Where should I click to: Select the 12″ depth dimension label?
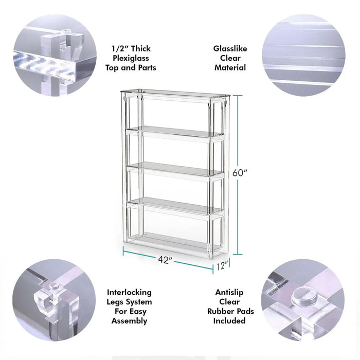(x=223, y=266)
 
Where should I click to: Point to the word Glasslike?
(x=230, y=49)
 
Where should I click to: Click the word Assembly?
(x=129, y=321)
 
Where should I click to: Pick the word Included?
(x=230, y=321)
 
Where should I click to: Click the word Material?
(x=230, y=67)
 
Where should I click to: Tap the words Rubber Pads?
(x=230, y=311)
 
